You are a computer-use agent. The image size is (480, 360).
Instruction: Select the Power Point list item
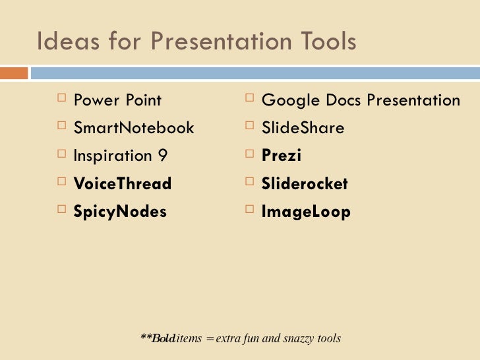point(117,100)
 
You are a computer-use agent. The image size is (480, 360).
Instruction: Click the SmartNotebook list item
point(134,127)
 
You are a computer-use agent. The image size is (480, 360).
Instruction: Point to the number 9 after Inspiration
point(163,156)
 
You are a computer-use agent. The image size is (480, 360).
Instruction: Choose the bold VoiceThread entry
point(123,183)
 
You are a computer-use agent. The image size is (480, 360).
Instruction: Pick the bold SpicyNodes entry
point(120,212)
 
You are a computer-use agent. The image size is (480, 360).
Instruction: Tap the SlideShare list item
point(303,127)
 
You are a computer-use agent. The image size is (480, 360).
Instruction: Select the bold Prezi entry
point(282,156)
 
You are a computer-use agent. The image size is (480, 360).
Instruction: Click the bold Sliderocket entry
point(305,183)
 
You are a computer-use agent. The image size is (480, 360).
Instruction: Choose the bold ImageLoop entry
point(306,212)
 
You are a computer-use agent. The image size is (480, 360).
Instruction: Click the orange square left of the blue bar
point(14,73)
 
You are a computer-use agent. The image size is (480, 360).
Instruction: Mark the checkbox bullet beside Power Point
point(61,99)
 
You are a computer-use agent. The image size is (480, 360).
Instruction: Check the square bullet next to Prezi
point(249,154)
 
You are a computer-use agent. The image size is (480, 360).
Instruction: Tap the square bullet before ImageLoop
point(249,210)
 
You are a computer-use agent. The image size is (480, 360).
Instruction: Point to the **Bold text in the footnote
point(158,338)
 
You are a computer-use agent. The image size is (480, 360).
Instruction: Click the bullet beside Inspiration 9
point(61,154)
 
